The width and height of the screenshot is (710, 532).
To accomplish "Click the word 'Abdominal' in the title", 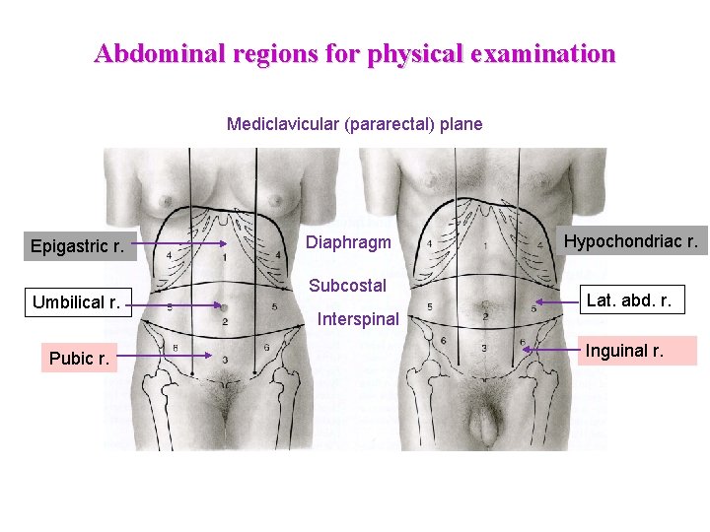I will point(163,53).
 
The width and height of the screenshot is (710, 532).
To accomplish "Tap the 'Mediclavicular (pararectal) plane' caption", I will point(354,124).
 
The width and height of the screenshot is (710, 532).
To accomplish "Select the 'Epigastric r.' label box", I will point(77,245).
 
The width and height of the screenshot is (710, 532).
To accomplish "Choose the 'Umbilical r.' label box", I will point(76,302).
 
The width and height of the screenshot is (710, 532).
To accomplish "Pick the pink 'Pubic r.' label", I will point(79,359).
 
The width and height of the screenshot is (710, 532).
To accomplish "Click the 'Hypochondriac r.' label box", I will point(630,240).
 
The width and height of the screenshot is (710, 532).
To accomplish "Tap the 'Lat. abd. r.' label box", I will point(629,300).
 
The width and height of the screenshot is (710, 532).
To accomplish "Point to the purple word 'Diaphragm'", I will point(348,242).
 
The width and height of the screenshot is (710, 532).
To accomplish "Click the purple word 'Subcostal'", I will point(347,286).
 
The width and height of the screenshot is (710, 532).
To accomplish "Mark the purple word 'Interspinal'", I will point(358,319).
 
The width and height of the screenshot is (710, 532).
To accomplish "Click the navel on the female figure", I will point(224,305).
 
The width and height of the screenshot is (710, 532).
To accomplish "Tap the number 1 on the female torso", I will point(225,257).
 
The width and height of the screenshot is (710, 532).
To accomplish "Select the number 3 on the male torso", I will point(484,348).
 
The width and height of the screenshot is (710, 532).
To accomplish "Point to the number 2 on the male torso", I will point(484,316).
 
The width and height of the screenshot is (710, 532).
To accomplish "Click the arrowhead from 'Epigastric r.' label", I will point(225,244).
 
